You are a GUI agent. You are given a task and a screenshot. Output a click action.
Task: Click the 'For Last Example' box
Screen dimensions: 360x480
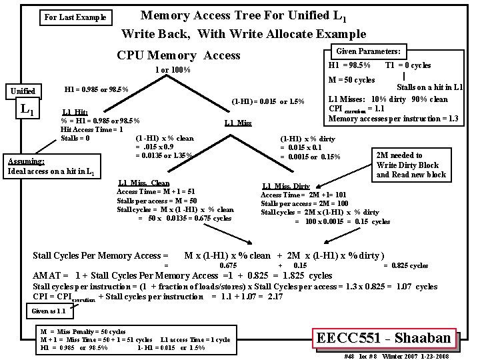coord(75,17)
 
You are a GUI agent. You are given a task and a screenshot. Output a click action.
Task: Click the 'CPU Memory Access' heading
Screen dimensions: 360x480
coord(178,56)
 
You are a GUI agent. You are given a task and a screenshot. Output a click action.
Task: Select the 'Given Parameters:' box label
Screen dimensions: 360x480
coord(369,51)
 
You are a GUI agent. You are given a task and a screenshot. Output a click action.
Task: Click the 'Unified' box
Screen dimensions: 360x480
coord(24,91)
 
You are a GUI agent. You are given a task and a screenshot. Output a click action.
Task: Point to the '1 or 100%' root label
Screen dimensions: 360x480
coord(173,71)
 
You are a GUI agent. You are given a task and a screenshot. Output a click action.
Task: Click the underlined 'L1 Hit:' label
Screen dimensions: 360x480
coord(75,112)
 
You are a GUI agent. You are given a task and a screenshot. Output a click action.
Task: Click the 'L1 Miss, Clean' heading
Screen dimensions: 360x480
coord(143,183)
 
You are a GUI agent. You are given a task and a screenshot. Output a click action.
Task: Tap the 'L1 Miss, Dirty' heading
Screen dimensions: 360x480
coord(286,186)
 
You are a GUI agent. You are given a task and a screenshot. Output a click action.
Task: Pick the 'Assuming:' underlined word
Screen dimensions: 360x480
coord(26,161)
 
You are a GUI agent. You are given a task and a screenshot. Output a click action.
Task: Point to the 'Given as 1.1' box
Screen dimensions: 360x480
coord(47,311)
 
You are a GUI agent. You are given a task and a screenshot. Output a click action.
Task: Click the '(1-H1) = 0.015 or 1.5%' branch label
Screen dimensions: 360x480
coord(268,102)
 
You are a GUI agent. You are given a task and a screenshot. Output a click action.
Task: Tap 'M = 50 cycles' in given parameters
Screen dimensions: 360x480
coord(352,81)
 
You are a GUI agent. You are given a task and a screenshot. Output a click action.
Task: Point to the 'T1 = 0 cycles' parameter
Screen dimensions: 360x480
coord(408,65)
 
